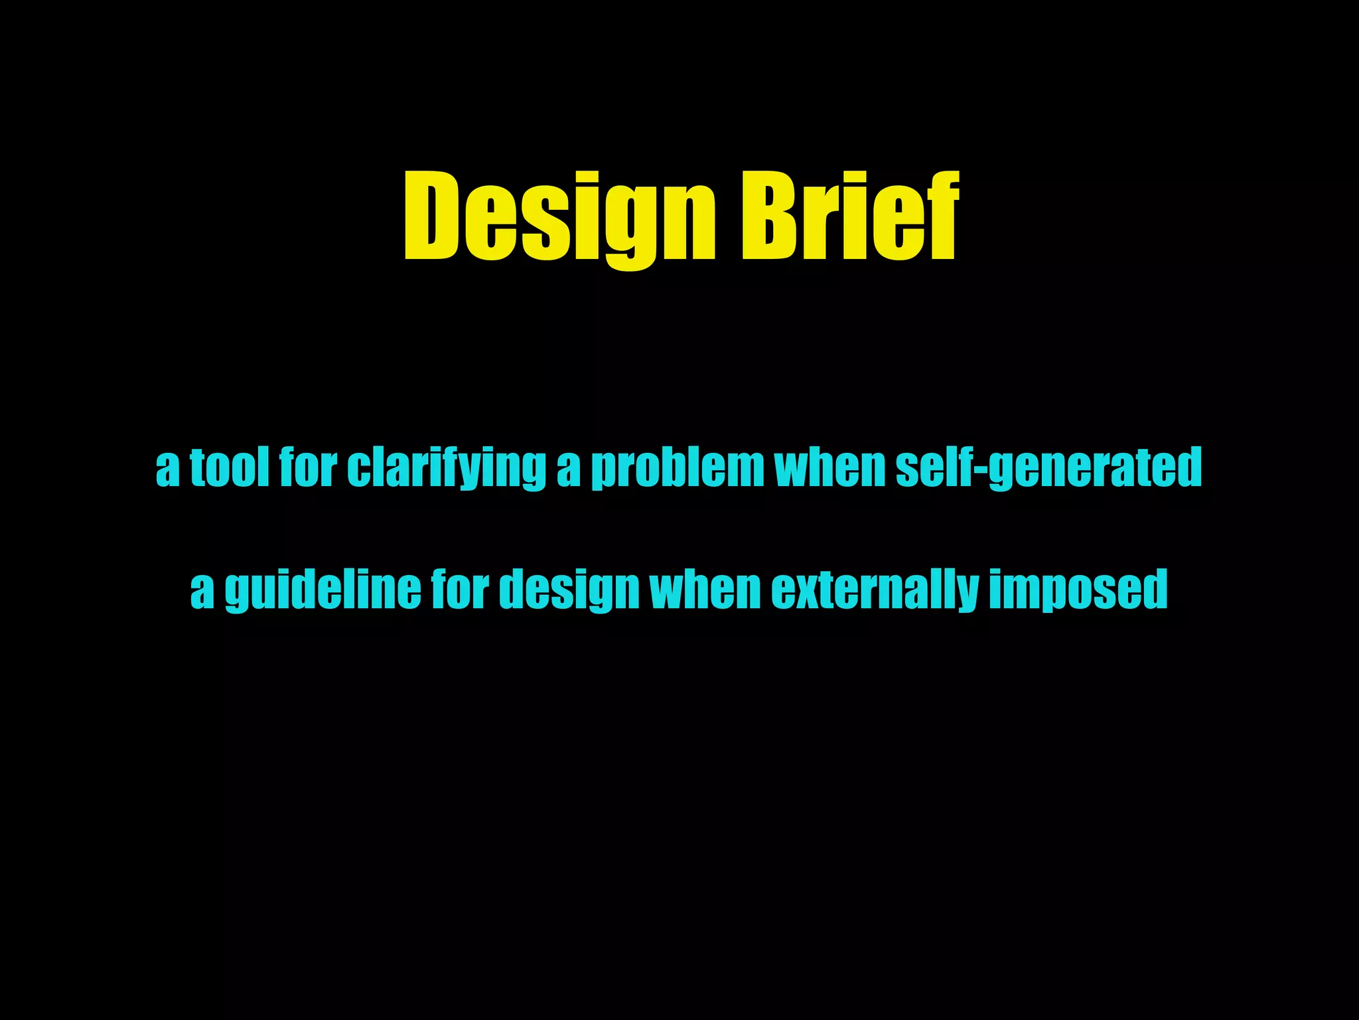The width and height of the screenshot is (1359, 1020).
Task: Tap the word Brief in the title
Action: click(850, 216)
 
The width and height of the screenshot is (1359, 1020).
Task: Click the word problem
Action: click(677, 468)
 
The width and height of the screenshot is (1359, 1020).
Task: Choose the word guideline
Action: click(322, 589)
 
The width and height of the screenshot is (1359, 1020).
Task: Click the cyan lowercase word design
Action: click(569, 589)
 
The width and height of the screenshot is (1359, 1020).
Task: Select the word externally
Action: click(875, 589)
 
